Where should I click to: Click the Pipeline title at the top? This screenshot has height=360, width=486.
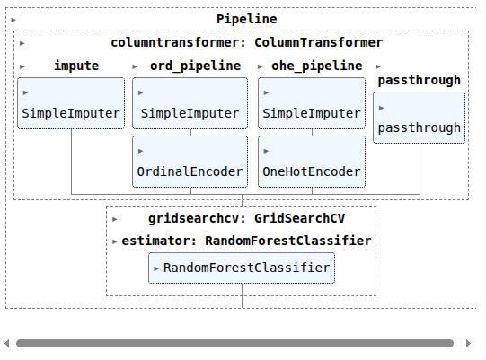[247, 19]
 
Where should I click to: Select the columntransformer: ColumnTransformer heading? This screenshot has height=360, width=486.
[247, 42]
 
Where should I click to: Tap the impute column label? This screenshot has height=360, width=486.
[76, 66]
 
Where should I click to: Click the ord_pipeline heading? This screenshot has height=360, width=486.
[195, 66]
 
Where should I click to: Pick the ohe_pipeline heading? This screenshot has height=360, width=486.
[317, 66]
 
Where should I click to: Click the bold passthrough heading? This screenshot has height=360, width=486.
[419, 80]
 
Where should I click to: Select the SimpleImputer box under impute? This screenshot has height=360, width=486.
[71, 103]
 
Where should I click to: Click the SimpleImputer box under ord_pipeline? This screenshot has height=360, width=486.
[190, 103]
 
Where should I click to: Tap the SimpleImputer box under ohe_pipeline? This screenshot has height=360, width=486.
[312, 103]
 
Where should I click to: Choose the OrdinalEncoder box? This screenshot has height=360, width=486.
[190, 162]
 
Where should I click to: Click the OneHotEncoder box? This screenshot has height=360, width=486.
[312, 162]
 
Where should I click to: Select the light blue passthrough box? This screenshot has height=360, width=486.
[419, 118]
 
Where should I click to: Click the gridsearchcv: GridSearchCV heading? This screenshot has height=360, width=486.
[246, 218]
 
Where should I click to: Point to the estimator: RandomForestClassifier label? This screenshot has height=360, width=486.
[246, 241]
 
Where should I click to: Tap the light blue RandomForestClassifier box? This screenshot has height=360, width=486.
[242, 268]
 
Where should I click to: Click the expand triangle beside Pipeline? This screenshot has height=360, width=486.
[13, 20]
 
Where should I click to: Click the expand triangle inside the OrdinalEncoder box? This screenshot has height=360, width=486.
[140, 151]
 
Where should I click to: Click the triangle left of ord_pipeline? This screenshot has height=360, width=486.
[135, 66]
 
